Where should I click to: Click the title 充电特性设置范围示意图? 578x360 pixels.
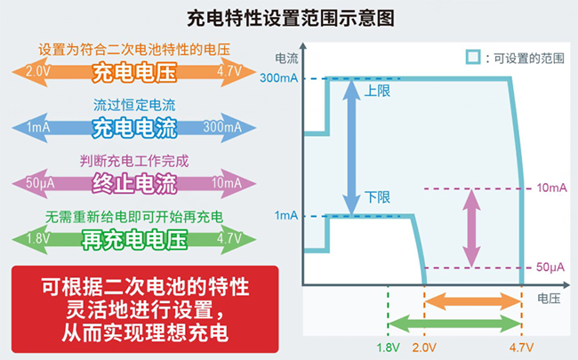pos(290,18)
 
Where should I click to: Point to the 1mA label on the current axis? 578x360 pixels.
pos(287,215)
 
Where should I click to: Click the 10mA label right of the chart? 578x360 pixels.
pos(550,188)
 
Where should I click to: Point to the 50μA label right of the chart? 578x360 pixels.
pos(550,267)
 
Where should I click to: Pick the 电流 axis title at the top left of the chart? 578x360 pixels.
pos(286,58)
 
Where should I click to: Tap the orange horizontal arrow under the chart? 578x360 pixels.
pos(471,303)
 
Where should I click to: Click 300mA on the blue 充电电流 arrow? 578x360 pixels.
pos(221,128)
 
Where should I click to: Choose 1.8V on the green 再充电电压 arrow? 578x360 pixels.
pos(37,238)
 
